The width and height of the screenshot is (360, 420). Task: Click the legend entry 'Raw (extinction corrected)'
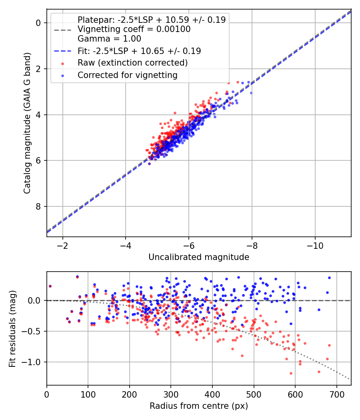coord(132,63)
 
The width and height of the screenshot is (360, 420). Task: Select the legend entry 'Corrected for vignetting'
coord(128,75)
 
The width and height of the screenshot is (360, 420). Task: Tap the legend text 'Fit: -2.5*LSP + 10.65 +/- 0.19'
coord(139,51)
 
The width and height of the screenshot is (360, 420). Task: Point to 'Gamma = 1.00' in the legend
coord(109,39)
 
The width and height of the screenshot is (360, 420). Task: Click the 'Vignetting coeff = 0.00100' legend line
coord(134,29)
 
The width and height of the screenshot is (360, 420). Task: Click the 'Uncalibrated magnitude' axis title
coord(199,257)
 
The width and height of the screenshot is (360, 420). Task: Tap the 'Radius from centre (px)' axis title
coord(199,406)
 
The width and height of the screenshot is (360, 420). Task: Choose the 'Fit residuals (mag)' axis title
coord(12,328)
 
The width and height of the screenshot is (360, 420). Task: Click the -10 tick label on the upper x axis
coord(315,245)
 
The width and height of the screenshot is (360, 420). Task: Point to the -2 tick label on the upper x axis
coord(62,245)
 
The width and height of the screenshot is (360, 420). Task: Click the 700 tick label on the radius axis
coord(336,394)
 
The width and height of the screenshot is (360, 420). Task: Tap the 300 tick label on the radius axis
coord(171,394)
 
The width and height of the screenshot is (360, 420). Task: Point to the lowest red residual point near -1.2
coord(291,373)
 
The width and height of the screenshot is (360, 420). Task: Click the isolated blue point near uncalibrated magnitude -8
coord(251,93)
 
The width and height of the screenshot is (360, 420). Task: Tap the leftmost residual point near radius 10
coord(50,286)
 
